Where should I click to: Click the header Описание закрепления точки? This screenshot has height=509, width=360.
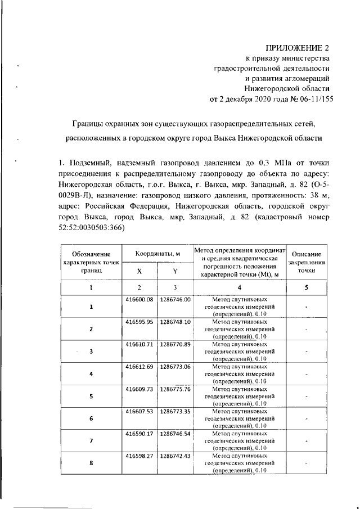pyautogui.click(x=307, y=262)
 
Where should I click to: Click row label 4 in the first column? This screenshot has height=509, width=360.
pyautogui.click(x=91, y=373)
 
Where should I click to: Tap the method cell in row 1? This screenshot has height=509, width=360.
pyautogui.click(x=240, y=307)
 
